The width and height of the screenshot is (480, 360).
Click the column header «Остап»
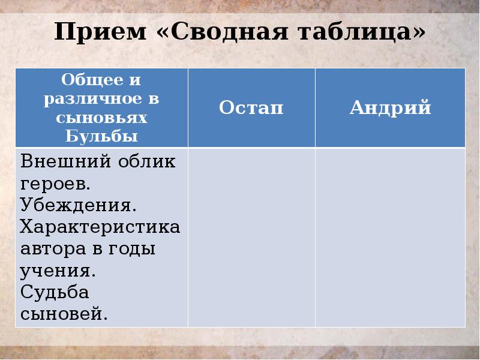click(251, 108)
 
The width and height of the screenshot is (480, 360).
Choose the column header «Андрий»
click(390, 108)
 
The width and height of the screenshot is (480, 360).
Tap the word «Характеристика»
click(100, 227)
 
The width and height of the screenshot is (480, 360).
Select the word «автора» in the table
click(50, 248)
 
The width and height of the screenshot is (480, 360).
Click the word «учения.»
click(58, 271)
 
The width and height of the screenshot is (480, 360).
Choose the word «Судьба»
click(55, 292)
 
